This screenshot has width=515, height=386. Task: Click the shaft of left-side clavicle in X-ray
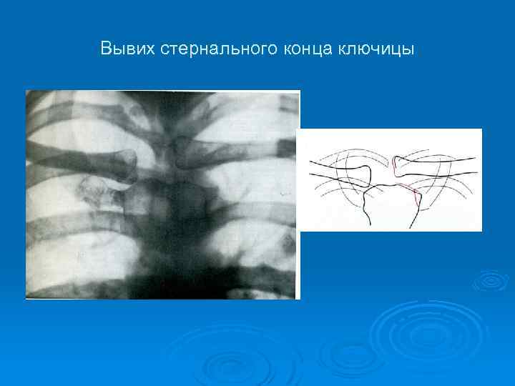[x=72, y=151]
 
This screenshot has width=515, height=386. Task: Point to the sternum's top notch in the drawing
[x=386, y=185]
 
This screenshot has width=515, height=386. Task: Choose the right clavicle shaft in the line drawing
[x=440, y=163]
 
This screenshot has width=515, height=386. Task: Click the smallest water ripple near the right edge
[x=490, y=281]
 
